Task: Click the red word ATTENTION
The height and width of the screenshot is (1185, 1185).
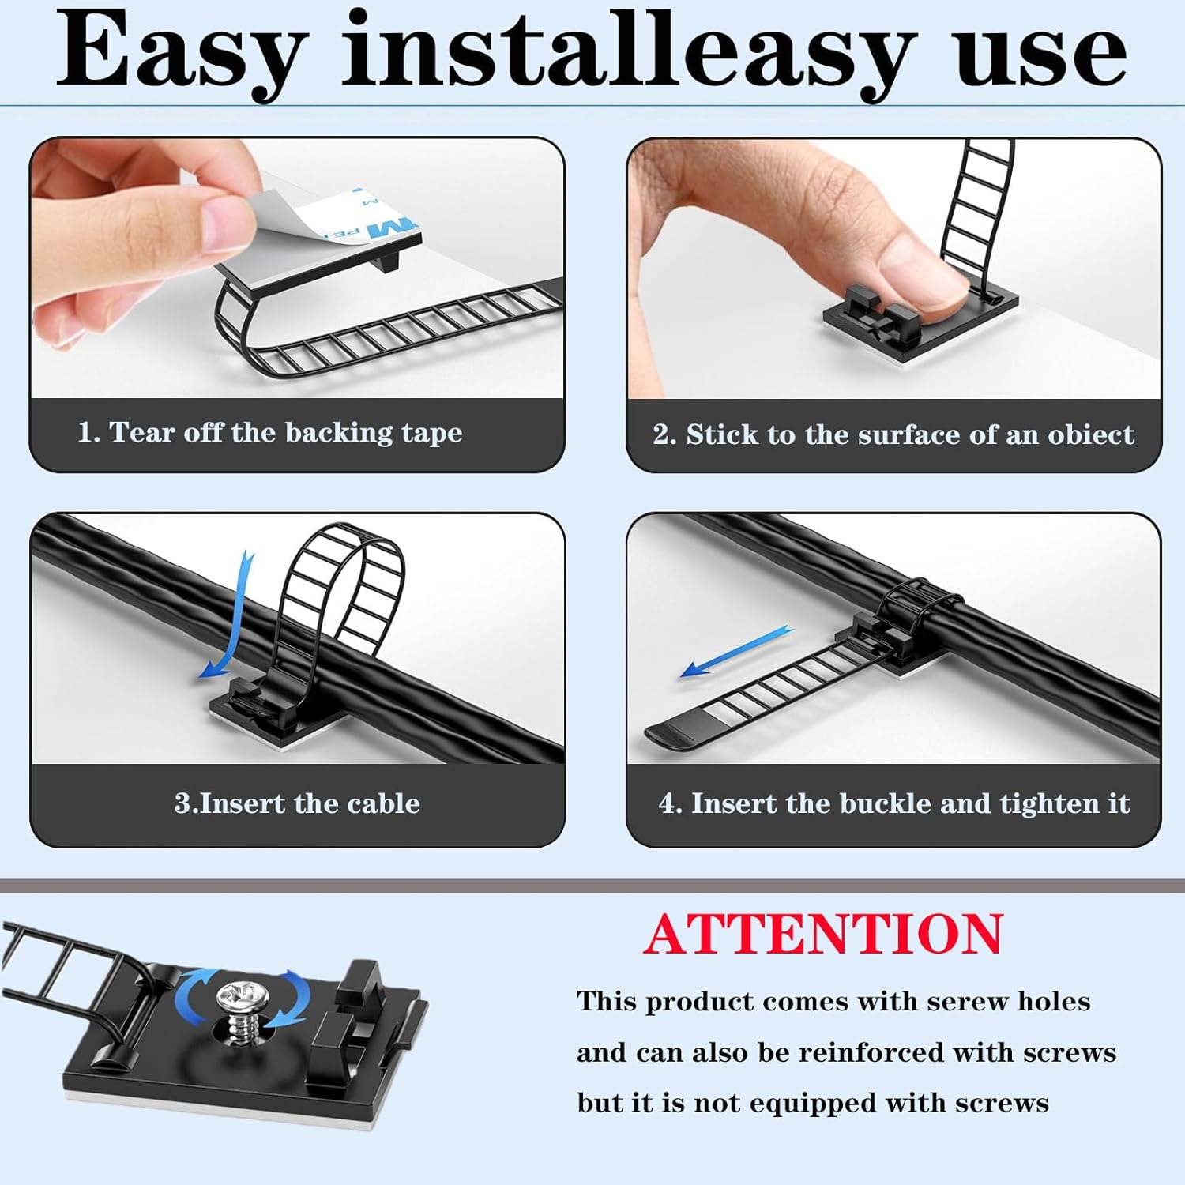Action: point(822,934)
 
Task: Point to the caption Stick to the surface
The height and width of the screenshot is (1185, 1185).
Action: point(893,434)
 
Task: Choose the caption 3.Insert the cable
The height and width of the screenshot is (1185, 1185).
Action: point(297,803)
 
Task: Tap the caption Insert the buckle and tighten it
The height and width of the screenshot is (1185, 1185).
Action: point(893,803)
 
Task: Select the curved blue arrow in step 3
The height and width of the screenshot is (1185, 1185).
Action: point(229,616)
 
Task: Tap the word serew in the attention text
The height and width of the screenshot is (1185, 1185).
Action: point(968,1001)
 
